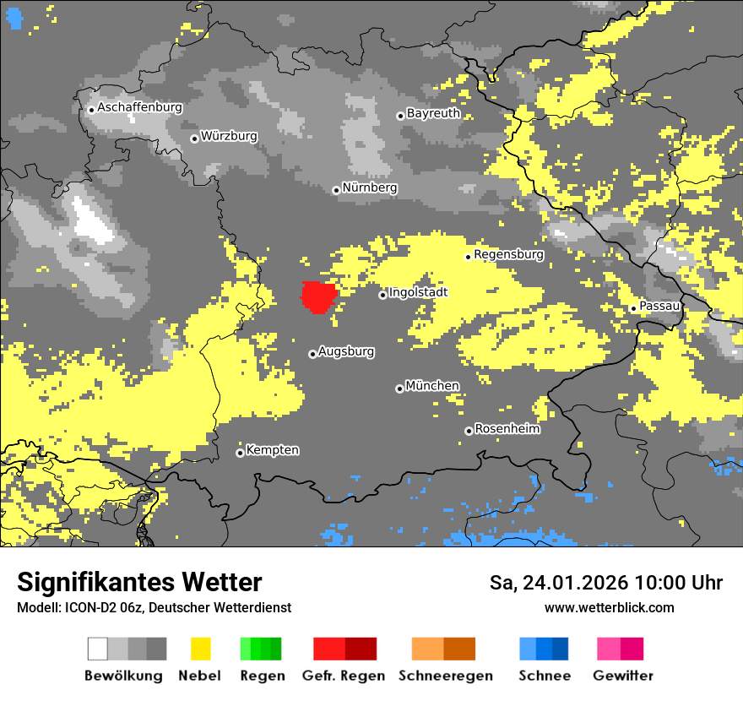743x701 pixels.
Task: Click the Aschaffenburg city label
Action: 139,108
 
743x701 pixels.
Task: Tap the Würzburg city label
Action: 229,137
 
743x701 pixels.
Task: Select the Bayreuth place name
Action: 433,113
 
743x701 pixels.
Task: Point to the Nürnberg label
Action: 369,188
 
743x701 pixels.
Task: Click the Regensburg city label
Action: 508,254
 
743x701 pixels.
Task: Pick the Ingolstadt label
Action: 418,292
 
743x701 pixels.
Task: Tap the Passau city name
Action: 659,306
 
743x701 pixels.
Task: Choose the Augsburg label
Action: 346,351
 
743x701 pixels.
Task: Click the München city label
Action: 432,386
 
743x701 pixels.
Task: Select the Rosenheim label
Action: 507,429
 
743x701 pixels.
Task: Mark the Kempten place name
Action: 272,450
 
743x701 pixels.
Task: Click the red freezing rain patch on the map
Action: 319,296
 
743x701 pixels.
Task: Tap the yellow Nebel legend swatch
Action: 200,649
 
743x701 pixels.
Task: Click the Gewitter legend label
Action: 622,676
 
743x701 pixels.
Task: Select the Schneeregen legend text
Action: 445,676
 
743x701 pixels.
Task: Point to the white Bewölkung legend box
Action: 97,649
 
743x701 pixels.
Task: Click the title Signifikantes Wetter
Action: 139,583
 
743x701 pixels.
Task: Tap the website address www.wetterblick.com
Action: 609,608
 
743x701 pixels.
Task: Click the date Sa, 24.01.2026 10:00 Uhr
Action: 605,583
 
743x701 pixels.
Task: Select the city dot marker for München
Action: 399,389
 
